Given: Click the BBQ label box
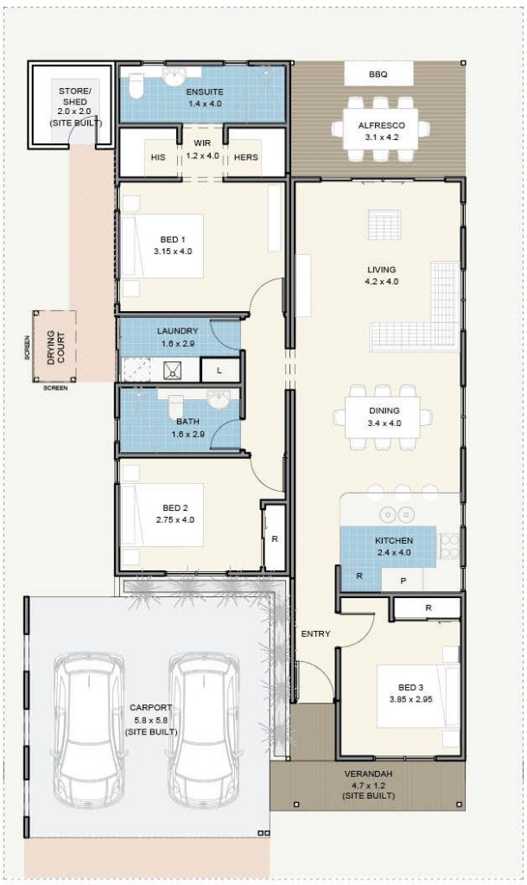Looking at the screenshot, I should (x=378, y=74).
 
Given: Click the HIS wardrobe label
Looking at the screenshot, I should (x=158, y=157).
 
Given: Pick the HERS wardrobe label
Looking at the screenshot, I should (x=246, y=157).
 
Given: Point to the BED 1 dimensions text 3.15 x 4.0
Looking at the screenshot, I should (x=174, y=251).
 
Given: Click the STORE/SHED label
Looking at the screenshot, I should (x=73, y=96).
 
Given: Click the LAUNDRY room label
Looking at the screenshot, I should (x=177, y=331).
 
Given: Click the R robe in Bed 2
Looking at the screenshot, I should (x=274, y=538).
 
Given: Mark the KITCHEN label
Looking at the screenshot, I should (x=394, y=541).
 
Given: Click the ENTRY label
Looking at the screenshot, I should (x=315, y=634).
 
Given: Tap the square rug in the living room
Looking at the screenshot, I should (x=381, y=225).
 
